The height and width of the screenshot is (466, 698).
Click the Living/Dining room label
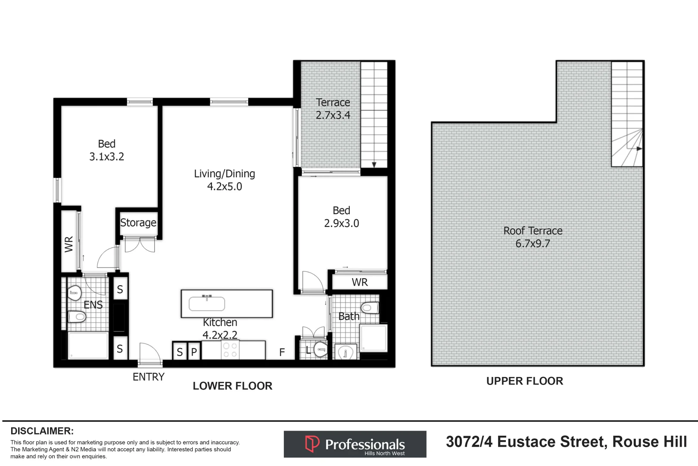pos(224,174)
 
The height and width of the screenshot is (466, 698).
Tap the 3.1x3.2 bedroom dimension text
pos(106,157)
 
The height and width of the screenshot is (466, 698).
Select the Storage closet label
pos(138,223)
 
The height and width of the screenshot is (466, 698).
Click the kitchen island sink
pos(207,304)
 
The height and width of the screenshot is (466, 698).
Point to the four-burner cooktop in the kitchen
pos(230,350)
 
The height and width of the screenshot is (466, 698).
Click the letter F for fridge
pos(282,353)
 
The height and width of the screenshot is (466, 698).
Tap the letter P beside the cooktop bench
pos(194,352)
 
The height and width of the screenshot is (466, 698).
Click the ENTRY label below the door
pos(148,377)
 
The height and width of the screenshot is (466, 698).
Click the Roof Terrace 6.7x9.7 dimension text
pos(533,244)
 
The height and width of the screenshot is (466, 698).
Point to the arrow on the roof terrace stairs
pos(639,148)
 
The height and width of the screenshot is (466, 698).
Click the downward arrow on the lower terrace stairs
pos(374,164)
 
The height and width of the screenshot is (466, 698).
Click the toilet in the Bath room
pos(370,308)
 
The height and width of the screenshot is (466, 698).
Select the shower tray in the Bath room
pos(374,338)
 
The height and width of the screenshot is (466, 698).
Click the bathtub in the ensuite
pos(88,346)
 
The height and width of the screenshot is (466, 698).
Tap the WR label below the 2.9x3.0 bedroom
pos(360,282)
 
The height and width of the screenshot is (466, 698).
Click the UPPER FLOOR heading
pos(524,381)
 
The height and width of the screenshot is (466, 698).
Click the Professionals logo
pos(355,444)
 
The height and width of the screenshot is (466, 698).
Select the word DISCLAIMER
pos(42,431)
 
